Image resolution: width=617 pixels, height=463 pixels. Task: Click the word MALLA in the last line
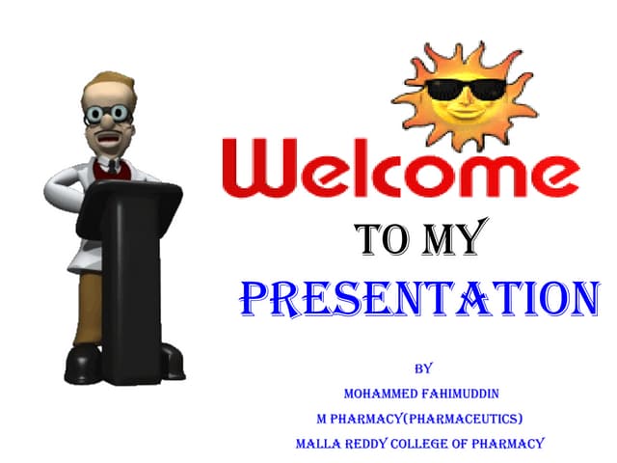[321, 444]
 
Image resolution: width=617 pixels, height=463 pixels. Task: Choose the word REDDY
[378, 444]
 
